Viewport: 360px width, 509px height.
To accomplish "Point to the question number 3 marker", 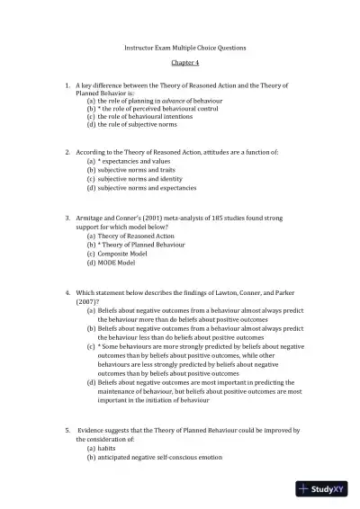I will click(x=67, y=218).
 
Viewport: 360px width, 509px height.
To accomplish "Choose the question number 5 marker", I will click(x=67, y=431).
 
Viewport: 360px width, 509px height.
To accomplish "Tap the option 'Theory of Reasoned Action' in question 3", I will click(x=138, y=235).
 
